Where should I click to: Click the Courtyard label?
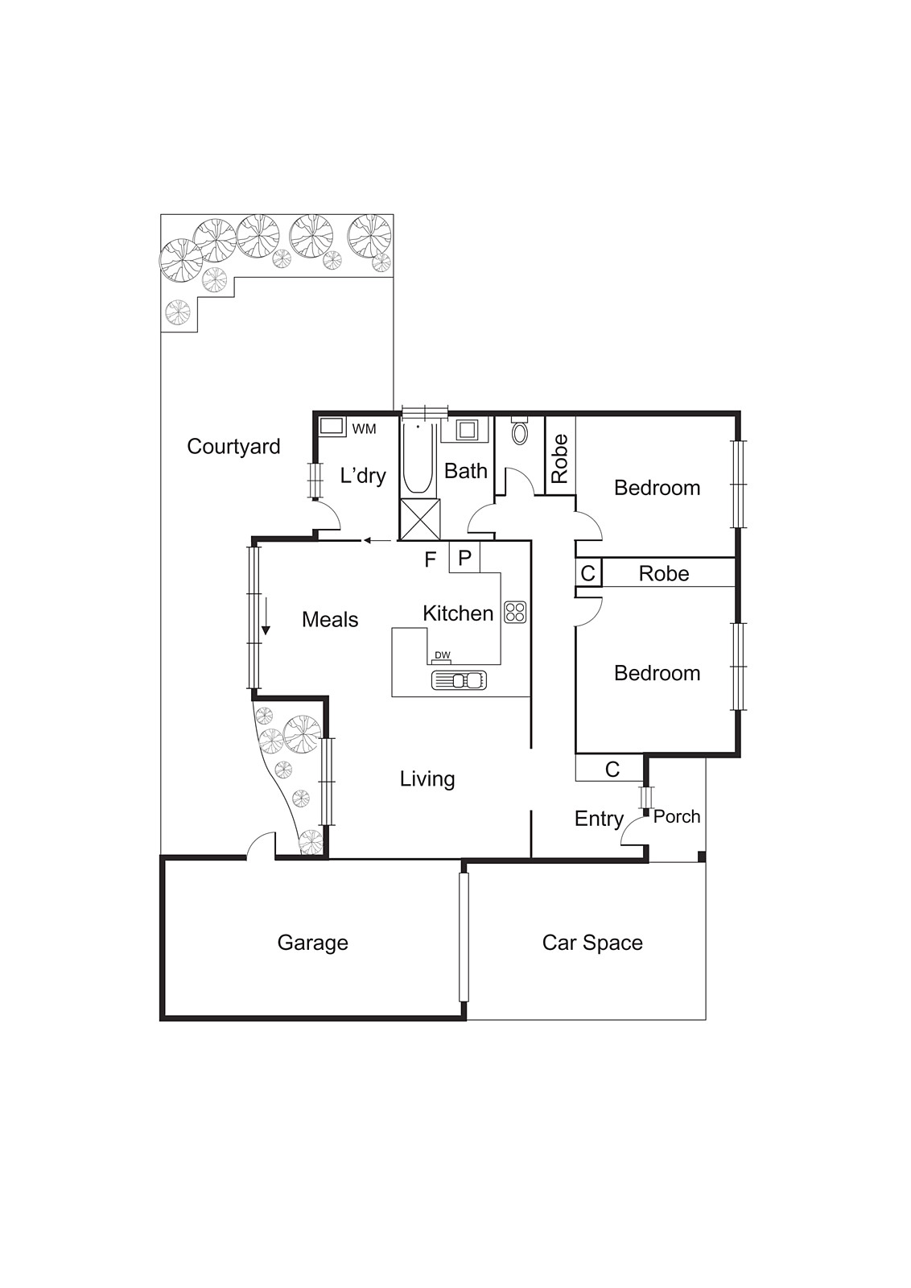pyautogui.click(x=233, y=446)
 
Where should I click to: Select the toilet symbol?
pyautogui.click(x=520, y=432)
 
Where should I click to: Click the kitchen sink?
pyautogui.click(x=459, y=680)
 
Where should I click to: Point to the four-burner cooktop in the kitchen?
pyautogui.click(x=515, y=612)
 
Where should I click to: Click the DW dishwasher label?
pyautogui.click(x=442, y=654)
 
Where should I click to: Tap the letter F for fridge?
pyautogui.click(x=431, y=558)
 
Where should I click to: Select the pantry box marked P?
pyautogui.click(x=464, y=557)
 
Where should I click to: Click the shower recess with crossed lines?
pyautogui.click(x=421, y=519)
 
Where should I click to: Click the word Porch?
pyautogui.click(x=677, y=816)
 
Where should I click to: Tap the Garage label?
pyautogui.click(x=312, y=943)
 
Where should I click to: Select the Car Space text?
pyautogui.click(x=592, y=943)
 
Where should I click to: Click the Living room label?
pyautogui.click(x=427, y=778)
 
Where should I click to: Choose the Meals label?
pyautogui.click(x=330, y=619)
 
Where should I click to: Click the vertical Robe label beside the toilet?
pyautogui.click(x=560, y=458)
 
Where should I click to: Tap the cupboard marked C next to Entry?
pyautogui.click(x=612, y=770)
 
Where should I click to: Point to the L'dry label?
pyautogui.click(x=363, y=475)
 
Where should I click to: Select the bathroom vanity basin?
pyautogui.click(x=467, y=429)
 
